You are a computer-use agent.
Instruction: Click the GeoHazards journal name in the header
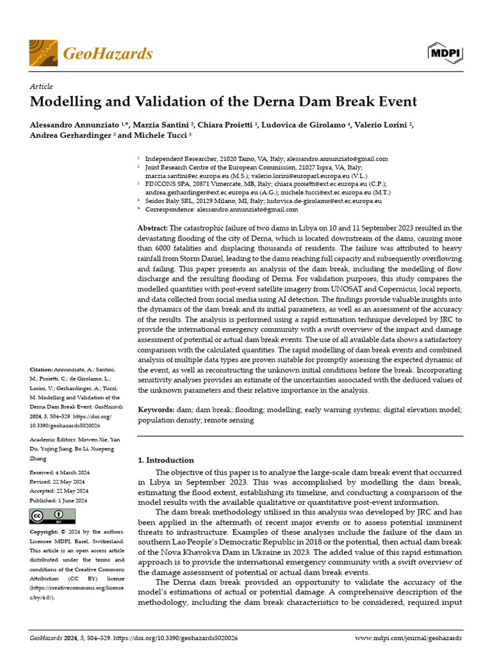(x=108, y=53)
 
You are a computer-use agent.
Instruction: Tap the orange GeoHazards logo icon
(x=43, y=53)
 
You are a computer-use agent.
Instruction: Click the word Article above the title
(x=42, y=86)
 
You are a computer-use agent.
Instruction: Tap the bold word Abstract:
(x=153, y=229)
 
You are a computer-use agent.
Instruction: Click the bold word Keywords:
(x=156, y=409)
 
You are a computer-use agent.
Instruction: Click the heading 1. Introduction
(x=166, y=460)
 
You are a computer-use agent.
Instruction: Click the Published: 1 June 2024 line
(x=59, y=500)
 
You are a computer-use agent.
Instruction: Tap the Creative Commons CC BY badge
(x=53, y=516)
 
